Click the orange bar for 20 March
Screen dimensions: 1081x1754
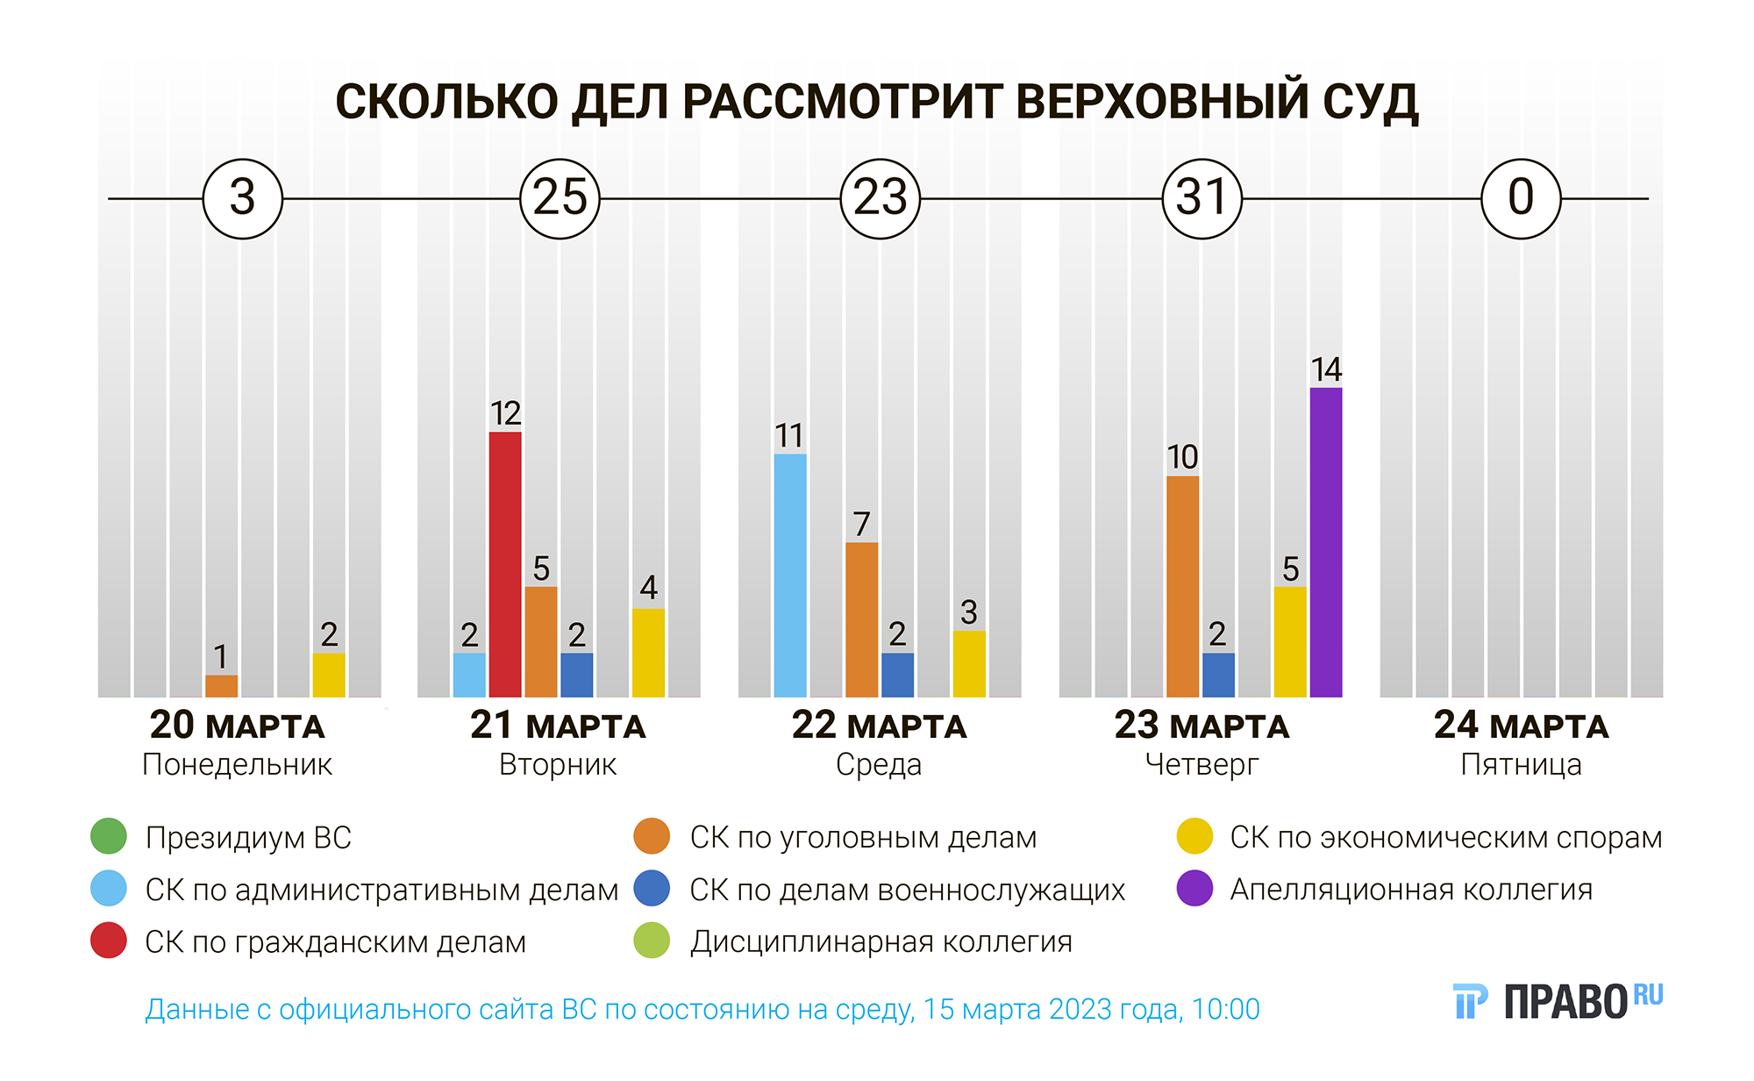click(x=221, y=686)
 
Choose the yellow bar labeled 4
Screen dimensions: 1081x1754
click(x=648, y=653)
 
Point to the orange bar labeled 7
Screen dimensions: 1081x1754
click(x=861, y=619)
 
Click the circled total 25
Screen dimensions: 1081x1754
click(x=560, y=198)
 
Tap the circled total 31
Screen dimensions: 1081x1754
click(x=1201, y=198)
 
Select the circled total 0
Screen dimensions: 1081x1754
click(x=1521, y=198)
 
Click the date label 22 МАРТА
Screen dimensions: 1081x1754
click(x=879, y=726)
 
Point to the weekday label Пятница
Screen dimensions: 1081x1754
click(x=1521, y=765)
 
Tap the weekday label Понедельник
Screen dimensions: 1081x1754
click(x=237, y=765)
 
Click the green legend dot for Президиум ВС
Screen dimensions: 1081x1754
click(x=109, y=836)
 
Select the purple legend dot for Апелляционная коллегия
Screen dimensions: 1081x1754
click(x=1194, y=889)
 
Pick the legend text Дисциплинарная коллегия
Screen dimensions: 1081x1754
click(x=881, y=941)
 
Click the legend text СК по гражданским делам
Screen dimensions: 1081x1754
click(x=335, y=941)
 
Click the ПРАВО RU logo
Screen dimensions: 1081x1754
click(x=1558, y=1001)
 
